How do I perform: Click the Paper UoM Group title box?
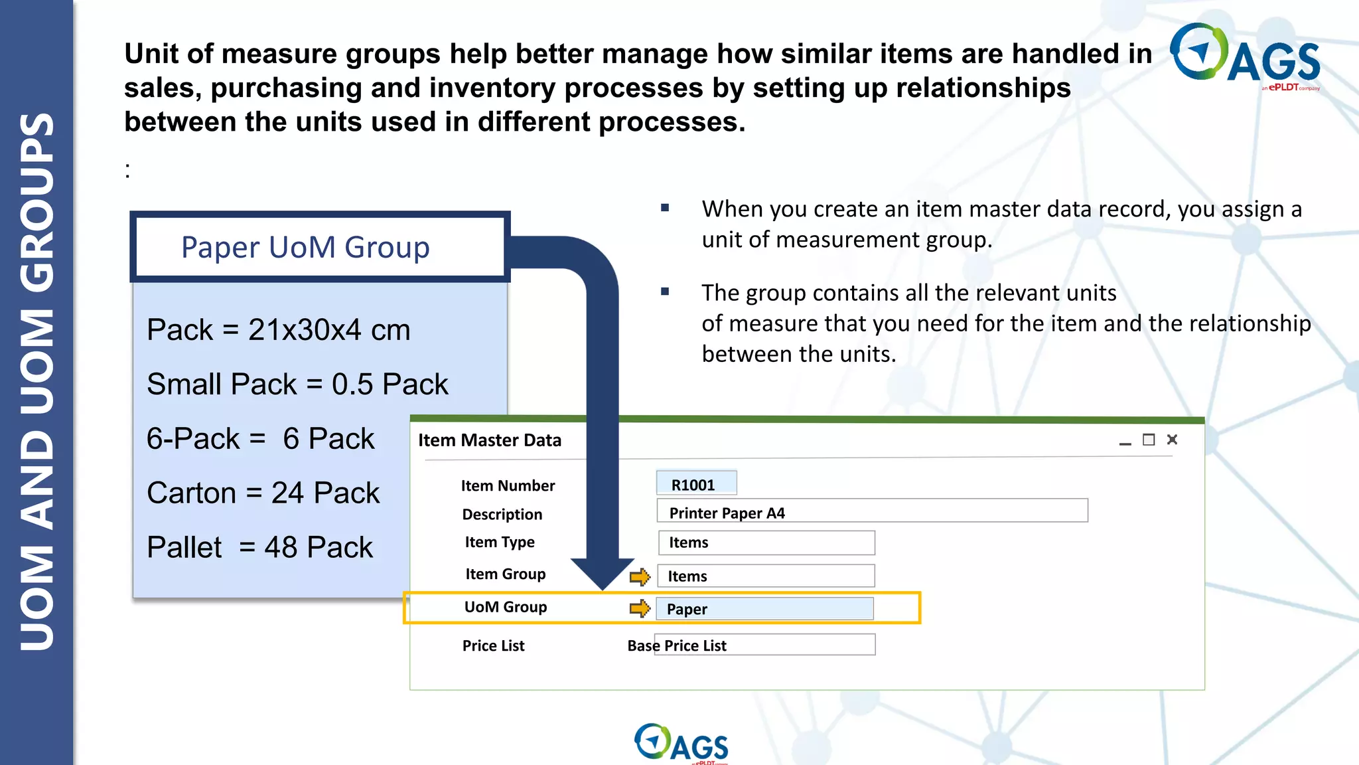click(x=319, y=247)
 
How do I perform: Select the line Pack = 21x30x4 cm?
click(x=279, y=330)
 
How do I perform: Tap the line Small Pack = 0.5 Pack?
click(x=297, y=384)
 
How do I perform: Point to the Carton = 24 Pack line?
click(x=263, y=493)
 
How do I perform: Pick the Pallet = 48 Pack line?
click(x=259, y=548)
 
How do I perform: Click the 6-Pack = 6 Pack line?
click(x=260, y=439)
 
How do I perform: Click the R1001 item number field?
click(x=696, y=483)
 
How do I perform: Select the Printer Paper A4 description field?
click(x=871, y=511)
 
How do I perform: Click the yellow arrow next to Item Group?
click(x=640, y=576)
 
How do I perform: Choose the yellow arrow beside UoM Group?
click(x=640, y=608)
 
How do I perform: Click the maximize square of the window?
click(x=1149, y=440)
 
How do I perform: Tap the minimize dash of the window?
click(x=1125, y=443)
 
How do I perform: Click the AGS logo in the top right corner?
click(x=1244, y=56)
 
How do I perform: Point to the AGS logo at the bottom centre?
click(x=681, y=742)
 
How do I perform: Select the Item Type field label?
click(x=500, y=543)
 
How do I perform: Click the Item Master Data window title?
click(x=490, y=440)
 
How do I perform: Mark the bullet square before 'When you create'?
click(x=665, y=208)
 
